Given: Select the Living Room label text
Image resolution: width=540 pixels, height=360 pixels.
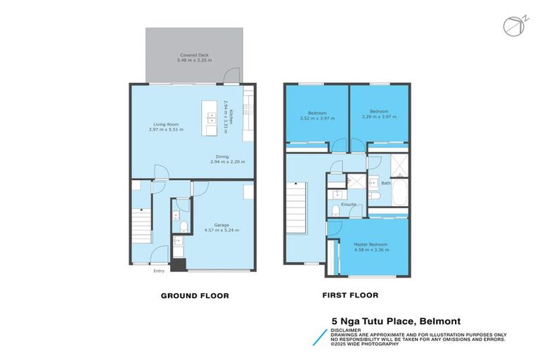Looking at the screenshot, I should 163,124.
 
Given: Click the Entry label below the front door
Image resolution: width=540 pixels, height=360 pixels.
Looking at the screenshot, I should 160,271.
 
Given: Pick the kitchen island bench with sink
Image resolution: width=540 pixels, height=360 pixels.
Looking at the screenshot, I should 210,117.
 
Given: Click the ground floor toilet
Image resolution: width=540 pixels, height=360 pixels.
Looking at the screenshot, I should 182,225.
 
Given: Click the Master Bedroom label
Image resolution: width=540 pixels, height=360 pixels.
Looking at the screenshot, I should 371,244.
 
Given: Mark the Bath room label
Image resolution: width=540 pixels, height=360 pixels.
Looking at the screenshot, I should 386,184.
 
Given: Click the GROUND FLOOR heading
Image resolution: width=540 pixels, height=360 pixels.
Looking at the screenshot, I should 195,296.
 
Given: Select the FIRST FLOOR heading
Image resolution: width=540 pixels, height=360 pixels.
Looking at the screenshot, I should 350,296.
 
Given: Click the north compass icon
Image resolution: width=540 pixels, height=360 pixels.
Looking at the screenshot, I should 511,26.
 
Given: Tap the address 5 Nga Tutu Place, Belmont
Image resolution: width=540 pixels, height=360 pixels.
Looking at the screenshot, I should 396,321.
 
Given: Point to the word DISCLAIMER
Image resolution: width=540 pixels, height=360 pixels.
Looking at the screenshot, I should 345,329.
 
